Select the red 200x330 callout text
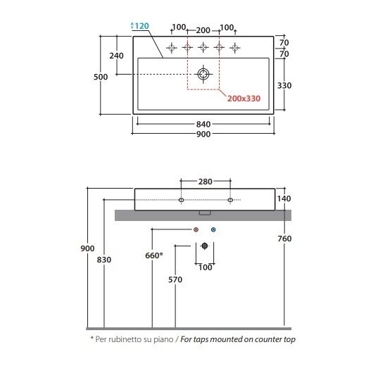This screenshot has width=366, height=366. pyautogui.click(x=244, y=99)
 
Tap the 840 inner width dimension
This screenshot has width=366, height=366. pyautogui.click(x=203, y=124)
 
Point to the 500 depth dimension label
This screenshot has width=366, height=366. pyautogui.click(x=101, y=77)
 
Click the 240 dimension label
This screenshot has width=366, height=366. pyautogui.click(x=116, y=56)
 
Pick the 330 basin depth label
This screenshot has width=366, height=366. pyautogui.click(x=284, y=85)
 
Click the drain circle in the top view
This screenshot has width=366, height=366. pyautogui.click(x=203, y=74)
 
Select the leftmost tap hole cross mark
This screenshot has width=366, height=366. pyautogui.click(x=172, y=48)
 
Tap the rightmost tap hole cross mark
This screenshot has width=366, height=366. pyautogui.click(x=235, y=48)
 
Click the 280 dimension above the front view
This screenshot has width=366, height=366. pyautogui.click(x=206, y=182)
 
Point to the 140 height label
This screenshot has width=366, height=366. pyautogui.click(x=284, y=198)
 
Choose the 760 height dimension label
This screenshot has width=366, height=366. pyautogui.click(x=284, y=239)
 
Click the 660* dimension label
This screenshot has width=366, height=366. pyautogui.click(x=154, y=255)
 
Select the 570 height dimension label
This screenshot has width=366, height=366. pyautogui.click(x=175, y=279)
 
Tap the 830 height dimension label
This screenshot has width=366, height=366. pyautogui.click(x=104, y=260)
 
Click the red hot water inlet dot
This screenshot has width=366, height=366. pyautogui.click(x=196, y=229)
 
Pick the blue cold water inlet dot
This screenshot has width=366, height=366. pyautogui.click(x=213, y=229)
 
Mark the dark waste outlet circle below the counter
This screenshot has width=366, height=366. pyautogui.click(x=205, y=246)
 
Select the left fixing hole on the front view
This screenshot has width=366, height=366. pyautogui.click(x=181, y=200)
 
